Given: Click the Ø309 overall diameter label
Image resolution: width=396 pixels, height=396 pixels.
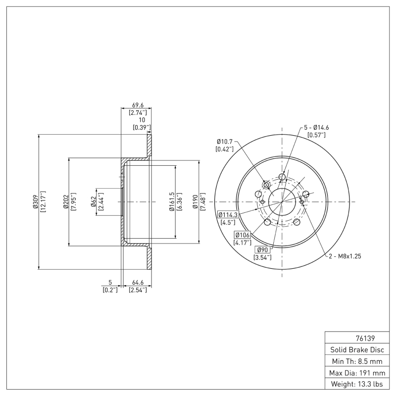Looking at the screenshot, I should point(36,202).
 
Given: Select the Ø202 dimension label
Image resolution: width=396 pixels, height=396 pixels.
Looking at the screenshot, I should point(65,202).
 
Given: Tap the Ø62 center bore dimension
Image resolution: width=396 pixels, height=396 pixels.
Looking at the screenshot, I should point(93,202).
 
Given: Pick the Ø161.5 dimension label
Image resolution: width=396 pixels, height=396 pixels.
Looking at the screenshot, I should point(171,202).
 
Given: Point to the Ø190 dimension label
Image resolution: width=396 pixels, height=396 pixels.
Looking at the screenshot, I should point(196,202).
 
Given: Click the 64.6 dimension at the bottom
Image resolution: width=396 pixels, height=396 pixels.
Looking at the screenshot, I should point(137,283).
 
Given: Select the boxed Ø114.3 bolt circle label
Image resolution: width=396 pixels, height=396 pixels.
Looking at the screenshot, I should point(228,215).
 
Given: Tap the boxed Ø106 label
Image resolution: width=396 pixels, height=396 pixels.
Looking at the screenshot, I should point(242,235).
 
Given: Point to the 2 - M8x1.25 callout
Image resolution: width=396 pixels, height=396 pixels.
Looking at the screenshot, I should point(346,256).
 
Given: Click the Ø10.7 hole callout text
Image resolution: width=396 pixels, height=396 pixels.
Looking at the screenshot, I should point(224,141).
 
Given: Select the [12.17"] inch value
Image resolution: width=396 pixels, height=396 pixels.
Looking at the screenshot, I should point(43,202).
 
